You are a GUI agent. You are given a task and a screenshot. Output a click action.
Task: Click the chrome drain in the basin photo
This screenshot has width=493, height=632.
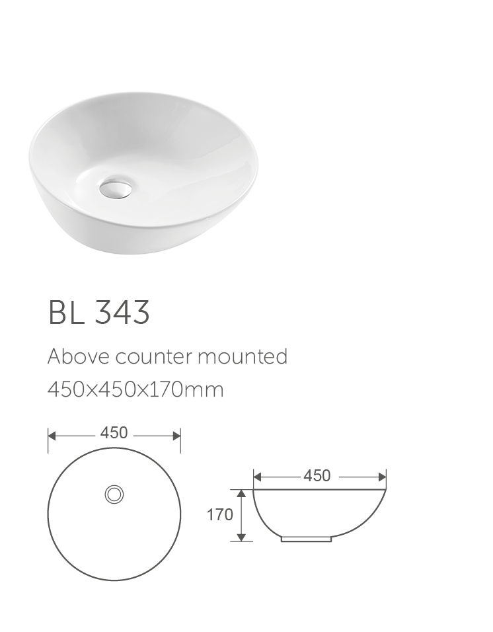click(x=116, y=188)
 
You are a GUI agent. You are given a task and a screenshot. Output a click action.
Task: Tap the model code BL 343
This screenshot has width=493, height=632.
click(x=98, y=313)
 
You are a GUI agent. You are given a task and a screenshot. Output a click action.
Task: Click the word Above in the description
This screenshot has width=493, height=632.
click(x=79, y=356)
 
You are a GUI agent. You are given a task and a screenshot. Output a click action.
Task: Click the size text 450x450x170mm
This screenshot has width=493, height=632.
click(x=135, y=390)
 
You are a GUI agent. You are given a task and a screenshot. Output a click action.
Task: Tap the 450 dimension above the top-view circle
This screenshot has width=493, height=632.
click(x=114, y=433)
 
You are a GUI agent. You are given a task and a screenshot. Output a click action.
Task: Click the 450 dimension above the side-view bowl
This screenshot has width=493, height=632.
click(x=317, y=476)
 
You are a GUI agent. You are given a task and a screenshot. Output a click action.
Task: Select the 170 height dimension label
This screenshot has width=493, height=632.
click(x=219, y=515)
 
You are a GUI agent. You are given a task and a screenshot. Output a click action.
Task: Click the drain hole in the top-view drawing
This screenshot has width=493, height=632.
click(x=114, y=494)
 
